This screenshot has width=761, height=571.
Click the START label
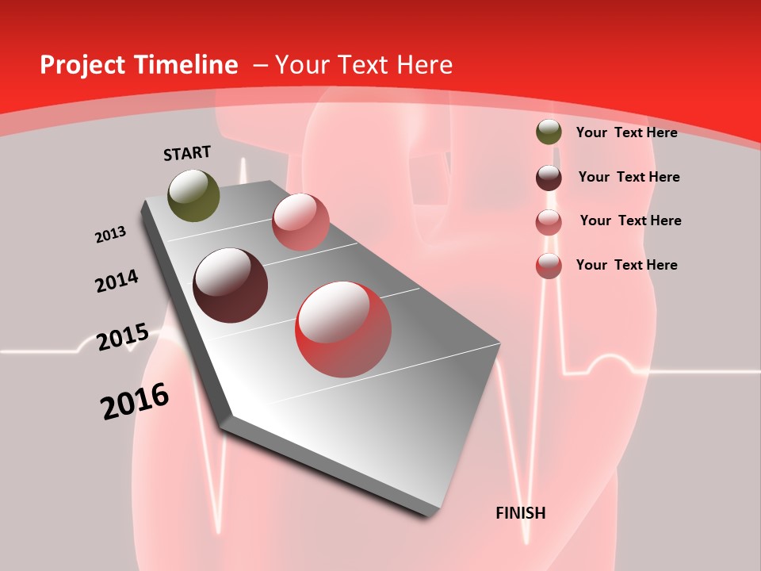187,153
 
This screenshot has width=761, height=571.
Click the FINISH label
520,513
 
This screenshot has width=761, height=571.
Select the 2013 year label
110,235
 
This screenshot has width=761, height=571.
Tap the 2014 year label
117,282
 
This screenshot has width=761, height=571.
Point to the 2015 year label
122,337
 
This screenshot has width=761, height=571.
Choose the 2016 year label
135,401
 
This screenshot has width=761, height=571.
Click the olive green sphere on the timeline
193,195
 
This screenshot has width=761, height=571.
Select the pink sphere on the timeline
300,221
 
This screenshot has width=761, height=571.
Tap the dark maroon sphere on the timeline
230,285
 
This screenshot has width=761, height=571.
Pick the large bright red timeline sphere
343,329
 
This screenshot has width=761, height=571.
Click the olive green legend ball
549,132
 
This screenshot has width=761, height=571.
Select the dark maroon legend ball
549,178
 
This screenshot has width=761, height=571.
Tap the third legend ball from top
549,222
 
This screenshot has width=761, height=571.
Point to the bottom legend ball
549,266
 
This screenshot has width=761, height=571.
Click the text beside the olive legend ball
626,132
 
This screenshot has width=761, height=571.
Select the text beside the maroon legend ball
629,177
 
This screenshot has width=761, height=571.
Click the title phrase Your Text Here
364,65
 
